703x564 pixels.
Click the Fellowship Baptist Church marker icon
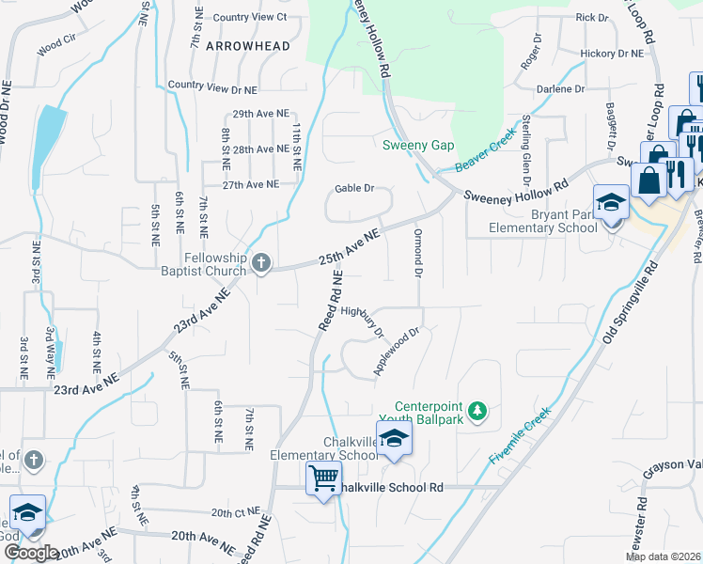pos(262,265)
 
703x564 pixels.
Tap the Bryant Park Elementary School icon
pos(611,203)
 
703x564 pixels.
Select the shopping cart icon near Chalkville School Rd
pos(324,479)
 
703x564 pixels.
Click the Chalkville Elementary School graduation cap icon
pos(394,437)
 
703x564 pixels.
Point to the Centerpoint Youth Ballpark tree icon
pos(478,410)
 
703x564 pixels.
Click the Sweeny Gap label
pos(418,145)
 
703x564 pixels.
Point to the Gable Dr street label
pos(355,189)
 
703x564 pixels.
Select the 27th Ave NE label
pos(251,185)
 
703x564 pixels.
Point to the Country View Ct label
pos(250,17)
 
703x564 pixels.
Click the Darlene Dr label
pos(561,89)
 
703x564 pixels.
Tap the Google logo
pos(31,553)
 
